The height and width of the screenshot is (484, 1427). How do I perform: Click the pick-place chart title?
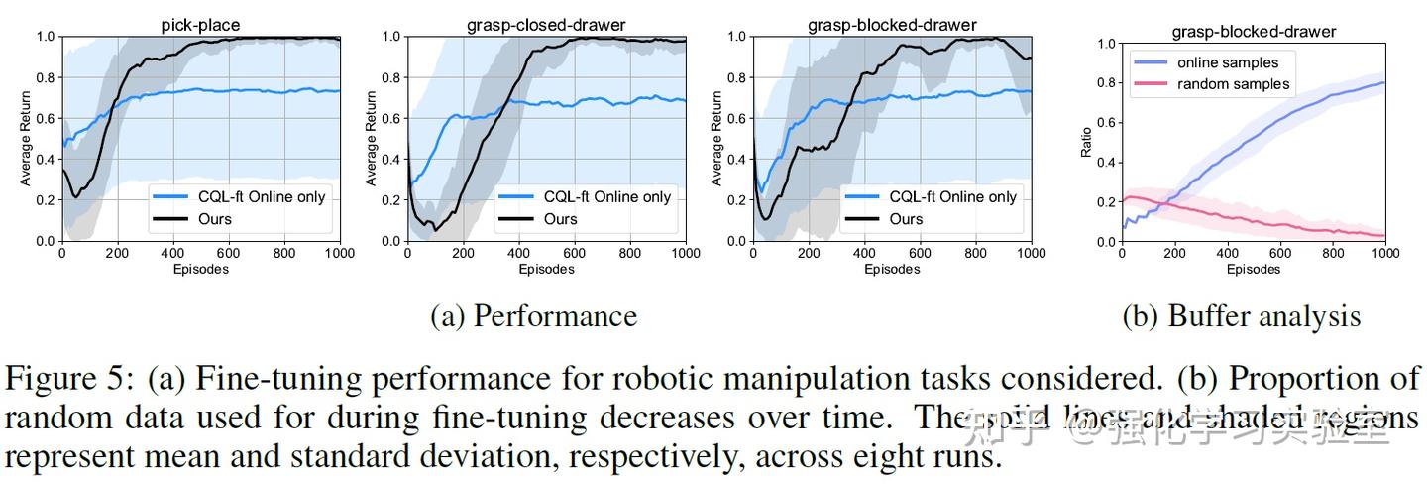click(201, 24)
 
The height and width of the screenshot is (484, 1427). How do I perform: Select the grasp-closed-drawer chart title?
click(546, 24)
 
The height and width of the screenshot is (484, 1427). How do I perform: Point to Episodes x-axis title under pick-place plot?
click(200, 269)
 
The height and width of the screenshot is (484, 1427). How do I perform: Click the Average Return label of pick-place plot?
click(26, 138)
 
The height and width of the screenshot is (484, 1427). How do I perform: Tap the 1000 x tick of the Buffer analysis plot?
click(1383, 254)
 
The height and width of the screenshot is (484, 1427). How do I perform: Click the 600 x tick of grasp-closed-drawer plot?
click(575, 254)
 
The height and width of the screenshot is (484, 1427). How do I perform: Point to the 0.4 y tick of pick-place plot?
click(45, 160)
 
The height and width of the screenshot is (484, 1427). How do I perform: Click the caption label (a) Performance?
click(533, 316)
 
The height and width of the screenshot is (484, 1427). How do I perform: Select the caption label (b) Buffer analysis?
click(1241, 316)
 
